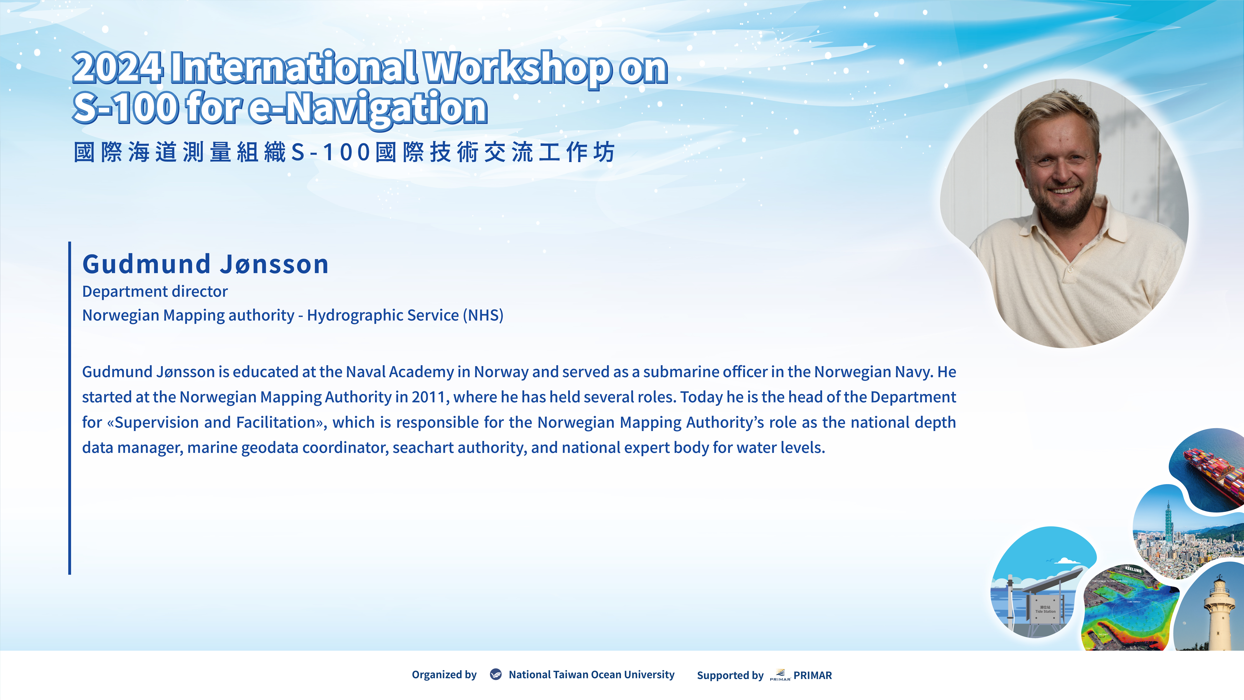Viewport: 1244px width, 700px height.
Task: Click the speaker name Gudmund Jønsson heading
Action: tap(205, 264)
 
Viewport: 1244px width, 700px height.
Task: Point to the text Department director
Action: tap(155, 291)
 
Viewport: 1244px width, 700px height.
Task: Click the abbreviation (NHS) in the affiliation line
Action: tap(483, 315)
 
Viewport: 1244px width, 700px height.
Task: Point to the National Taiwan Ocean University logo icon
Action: tap(496, 674)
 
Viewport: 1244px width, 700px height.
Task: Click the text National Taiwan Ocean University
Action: tap(592, 674)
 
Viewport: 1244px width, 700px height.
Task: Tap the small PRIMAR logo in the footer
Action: tap(780, 675)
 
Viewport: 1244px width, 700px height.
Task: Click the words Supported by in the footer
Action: tap(730, 675)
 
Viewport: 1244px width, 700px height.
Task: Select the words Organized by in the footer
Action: tap(444, 674)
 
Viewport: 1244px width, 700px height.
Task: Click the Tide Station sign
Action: tap(1045, 610)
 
